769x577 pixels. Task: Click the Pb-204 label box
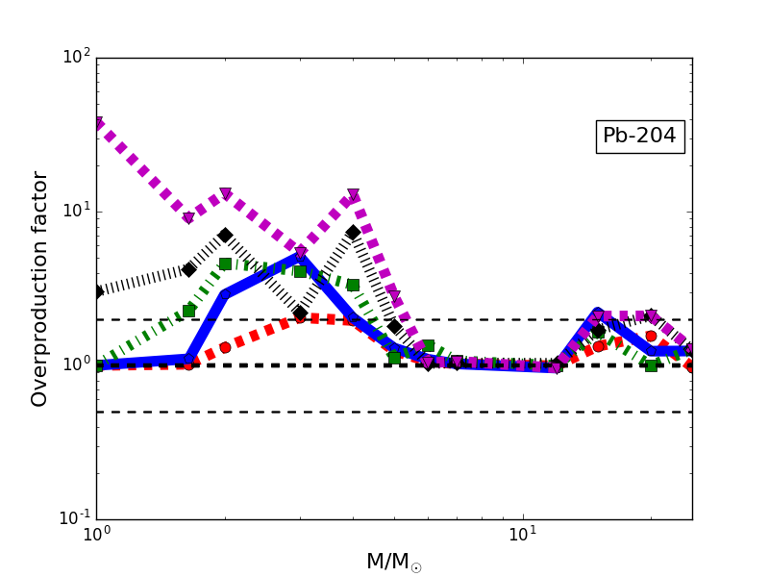tap(640, 137)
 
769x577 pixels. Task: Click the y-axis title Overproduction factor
tap(39, 288)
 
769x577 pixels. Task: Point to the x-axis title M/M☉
tap(393, 563)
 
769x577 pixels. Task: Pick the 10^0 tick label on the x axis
tap(96, 535)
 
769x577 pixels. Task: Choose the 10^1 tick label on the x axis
tap(522, 535)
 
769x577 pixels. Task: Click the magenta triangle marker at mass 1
tap(97, 124)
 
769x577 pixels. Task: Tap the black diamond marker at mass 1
tap(97, 291)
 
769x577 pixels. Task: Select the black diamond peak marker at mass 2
tap(225, 235)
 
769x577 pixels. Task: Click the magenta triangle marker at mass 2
tap(225, 194)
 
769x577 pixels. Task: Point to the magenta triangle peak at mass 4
tap(353, 195)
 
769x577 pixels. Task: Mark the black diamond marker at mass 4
tap(353, 232)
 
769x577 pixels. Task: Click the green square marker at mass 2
tap(225, 263)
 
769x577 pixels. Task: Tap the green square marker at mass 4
tap(353, 285)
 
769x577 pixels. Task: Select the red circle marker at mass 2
tap(225, 347)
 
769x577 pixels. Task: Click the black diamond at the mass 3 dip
tap(300, 313)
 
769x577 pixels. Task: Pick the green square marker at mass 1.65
tap(188, 311)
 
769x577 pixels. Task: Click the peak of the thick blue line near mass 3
tap(300, 257)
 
